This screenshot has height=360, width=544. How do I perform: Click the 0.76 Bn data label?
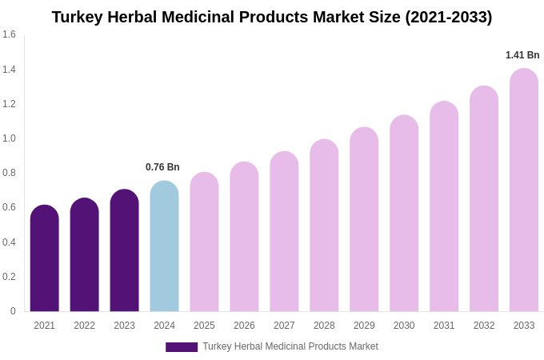[162, 167]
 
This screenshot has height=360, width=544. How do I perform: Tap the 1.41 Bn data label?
[522, 55]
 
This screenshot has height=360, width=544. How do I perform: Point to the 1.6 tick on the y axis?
[9, 34]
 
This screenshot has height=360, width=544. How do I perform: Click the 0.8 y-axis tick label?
[9, 173]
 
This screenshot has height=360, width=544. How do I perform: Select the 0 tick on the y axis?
[13, 311]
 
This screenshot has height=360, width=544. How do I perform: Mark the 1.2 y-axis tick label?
[9, 104]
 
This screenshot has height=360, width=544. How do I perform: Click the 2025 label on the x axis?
[204, 326]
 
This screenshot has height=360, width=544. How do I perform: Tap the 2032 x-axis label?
[484, 326]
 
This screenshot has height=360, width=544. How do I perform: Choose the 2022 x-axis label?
[84, 326]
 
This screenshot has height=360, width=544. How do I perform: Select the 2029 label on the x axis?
[364, 326]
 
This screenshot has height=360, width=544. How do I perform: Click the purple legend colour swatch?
[182, 347]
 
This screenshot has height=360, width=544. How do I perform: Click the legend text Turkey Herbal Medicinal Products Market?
[290, 346]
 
